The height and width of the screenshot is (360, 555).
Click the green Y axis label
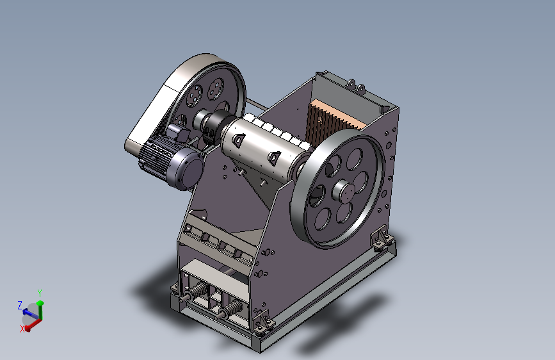coord(40,293)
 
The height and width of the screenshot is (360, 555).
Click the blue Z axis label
coord(20,305)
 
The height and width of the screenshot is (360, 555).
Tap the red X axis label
coord(22,329)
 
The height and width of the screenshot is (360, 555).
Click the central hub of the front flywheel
coord(342,192)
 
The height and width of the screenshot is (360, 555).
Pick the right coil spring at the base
coord(231,308)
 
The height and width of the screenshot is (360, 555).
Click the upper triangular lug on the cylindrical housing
coord(238,139)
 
